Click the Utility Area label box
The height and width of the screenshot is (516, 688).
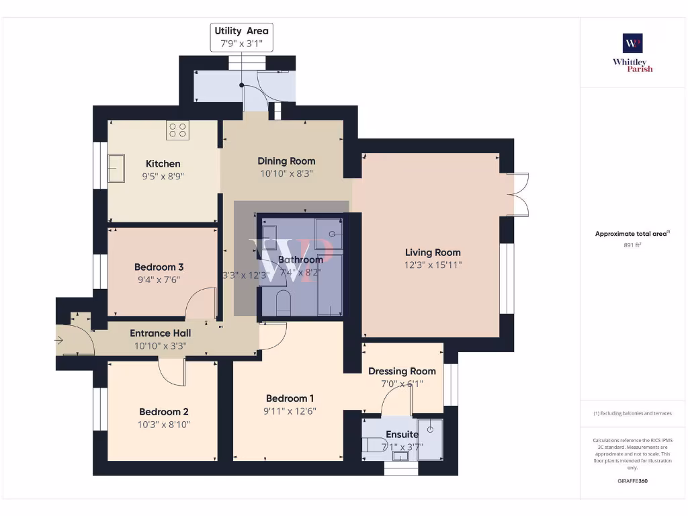(x=241, y=38)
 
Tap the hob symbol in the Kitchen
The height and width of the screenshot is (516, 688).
(x=177, y=130)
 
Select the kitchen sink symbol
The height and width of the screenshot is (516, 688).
(x=116, y=167)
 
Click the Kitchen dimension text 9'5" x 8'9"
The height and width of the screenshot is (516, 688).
(x=163, y=177)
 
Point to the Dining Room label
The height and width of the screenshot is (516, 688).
(x=286, y=161)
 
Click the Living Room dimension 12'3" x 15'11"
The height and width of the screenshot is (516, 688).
(x=433, y=265)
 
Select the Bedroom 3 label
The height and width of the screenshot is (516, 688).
(x=159, y=267)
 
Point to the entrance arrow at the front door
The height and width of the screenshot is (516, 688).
(x=59, y=341)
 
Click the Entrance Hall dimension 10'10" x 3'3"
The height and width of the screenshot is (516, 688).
(x=160, y=345)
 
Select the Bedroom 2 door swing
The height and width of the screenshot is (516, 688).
(x=171, y=372)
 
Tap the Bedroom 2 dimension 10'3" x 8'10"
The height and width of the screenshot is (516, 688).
(x=164, y=425)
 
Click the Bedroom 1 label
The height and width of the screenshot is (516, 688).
(x=290, y=398)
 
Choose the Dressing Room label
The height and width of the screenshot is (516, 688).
(x=402, y=371)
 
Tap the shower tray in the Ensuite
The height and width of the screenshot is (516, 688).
(x=430, y=438)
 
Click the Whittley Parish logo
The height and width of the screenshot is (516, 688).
(x=632, y=52)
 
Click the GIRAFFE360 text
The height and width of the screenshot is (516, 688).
(x=632, y=481)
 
